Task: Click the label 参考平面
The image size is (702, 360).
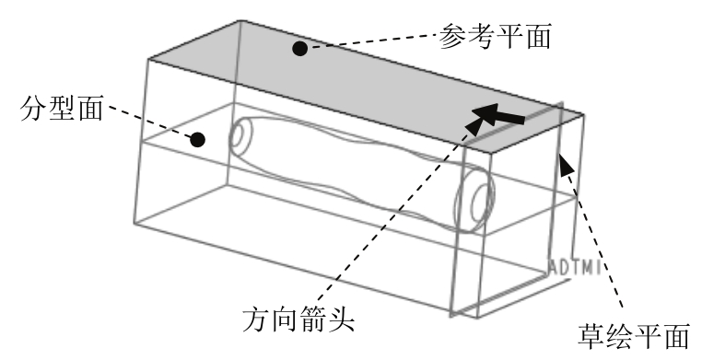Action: click(x=495, y=36)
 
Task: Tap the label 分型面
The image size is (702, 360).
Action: click(x=62, y=108)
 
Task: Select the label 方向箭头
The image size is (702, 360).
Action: click(x=298, y=319)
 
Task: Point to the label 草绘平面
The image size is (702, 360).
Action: click(x=634, y=336)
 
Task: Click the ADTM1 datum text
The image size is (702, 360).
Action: click(x=575, y=267)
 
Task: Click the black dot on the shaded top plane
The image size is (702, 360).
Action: click(x=299, y=48)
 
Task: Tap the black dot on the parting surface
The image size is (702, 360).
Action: click(x=197, y=140)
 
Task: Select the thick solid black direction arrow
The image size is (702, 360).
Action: click(x=498, y=114)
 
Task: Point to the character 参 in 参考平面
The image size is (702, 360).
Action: click(x=452, y=36)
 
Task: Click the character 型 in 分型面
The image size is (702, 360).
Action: click(x=62, y=108)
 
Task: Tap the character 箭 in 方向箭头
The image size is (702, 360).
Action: click(x=313, y=319)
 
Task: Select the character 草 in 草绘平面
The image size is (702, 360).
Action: click(x=591, y=336)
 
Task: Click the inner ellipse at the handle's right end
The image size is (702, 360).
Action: click(x=482, y=204)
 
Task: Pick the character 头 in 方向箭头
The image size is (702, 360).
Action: click(x=342, y=319)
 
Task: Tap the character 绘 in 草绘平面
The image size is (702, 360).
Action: click(x=620, y=336)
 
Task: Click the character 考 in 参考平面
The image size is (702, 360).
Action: click(x=480, y=36)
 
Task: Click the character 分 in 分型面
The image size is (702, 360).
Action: click(x=33, y=108)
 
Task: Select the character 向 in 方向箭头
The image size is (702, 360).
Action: click(x=285, y=319)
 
